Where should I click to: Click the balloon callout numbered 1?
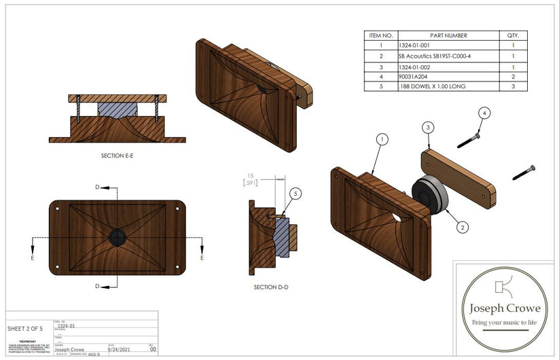[383, 139]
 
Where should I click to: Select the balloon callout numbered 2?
[462, 227]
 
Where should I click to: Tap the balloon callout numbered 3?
[427, 127]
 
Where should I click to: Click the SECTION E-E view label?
[117, 156]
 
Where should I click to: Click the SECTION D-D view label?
[270, 287]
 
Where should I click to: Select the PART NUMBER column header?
[448, 35]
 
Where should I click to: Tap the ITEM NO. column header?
[381, 35]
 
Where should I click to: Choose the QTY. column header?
[513, 35]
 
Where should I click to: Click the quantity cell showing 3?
[513, 87]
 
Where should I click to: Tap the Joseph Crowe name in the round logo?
[501, 308]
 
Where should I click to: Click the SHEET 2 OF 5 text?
[24, 329]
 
